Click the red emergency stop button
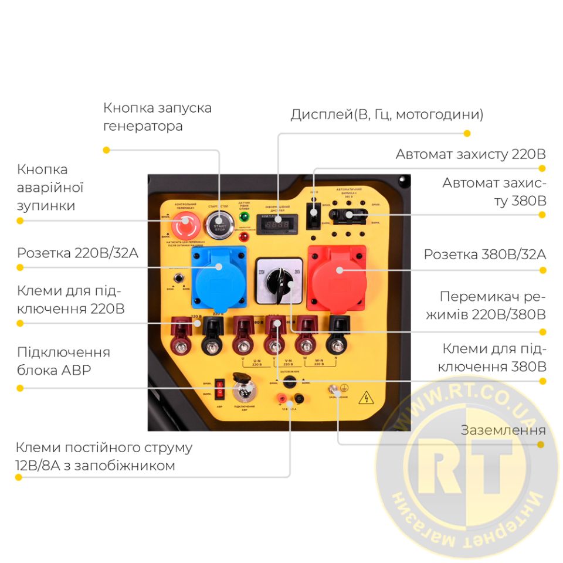tap(181, 223)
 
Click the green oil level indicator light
tap(243, 217)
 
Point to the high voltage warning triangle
tap(367, 398)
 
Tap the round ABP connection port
tap(241, 390)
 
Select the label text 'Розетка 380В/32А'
tap(484, 255)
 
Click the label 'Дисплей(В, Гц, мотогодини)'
tap(386, 114)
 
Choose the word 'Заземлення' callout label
tap(503, 430)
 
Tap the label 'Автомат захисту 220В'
tap(470, 154)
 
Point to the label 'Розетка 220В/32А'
tap(77, 253)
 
